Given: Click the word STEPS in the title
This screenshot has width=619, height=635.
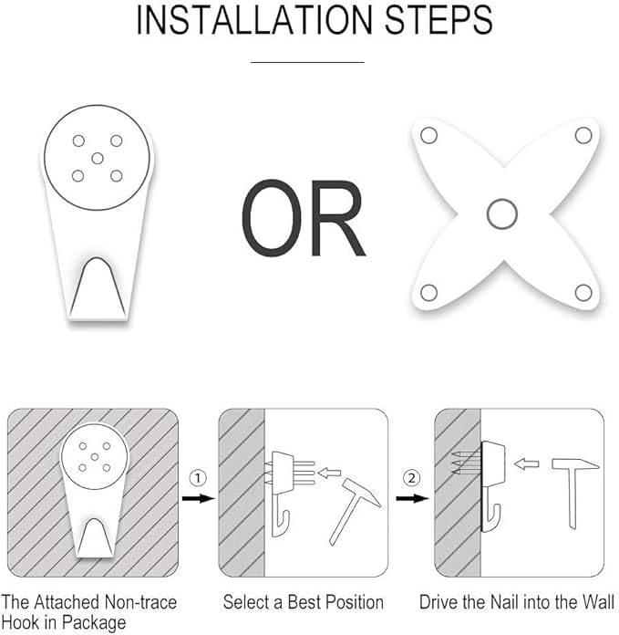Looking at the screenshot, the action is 438,20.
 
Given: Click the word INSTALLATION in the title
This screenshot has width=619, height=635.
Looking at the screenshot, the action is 254,20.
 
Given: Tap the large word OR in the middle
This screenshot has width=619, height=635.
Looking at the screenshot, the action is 304,218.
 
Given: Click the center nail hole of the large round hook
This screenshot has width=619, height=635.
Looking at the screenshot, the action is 98,158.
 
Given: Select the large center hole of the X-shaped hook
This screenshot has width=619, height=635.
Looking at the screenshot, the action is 502,213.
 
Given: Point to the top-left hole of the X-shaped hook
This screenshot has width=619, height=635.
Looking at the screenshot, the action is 428,135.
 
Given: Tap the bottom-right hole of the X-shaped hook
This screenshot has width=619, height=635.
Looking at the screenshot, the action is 583,292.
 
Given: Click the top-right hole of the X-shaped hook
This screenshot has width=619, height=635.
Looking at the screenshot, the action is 583,135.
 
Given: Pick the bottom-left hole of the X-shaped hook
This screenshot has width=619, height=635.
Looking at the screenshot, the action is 428,292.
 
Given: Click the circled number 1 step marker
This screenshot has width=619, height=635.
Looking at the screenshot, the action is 198,478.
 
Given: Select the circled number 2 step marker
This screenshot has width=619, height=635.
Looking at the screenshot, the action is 412,478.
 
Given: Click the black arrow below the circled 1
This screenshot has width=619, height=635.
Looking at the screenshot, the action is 198,498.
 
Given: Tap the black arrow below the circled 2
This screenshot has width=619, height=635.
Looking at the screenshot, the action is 412,498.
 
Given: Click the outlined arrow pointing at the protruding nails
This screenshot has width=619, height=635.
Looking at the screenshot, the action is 329,473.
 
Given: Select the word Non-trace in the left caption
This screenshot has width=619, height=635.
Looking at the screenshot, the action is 140,602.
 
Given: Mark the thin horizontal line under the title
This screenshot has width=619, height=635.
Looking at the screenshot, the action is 307,62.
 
